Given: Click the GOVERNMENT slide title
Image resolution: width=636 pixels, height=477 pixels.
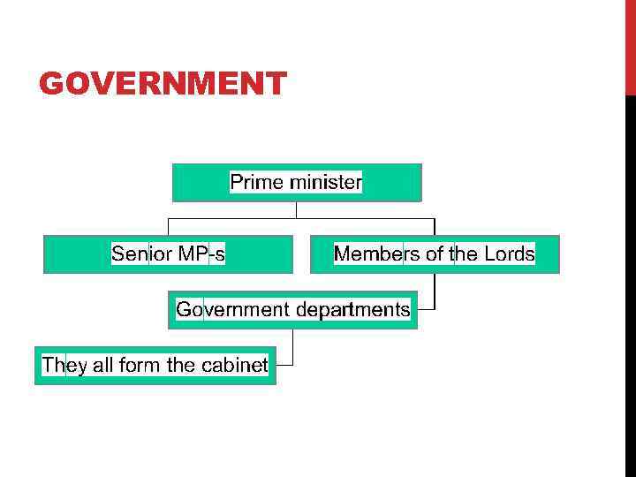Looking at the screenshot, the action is click(x=163, y=84).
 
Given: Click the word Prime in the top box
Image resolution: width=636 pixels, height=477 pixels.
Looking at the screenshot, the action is click(x=253, y=183).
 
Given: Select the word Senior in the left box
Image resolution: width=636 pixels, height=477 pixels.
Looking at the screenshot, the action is click(x=140, y=254).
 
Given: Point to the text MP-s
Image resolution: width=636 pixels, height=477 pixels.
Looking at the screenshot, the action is click(x=201, y=254).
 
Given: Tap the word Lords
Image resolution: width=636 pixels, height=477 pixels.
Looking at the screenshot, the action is click(x=510, y=254).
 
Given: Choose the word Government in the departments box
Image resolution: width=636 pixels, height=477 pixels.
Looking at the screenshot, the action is click(x=233, y=309).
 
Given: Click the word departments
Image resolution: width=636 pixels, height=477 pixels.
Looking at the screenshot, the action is click(x=353, y=309).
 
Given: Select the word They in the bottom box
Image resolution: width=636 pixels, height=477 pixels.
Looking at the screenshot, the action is click(x=64, y=365).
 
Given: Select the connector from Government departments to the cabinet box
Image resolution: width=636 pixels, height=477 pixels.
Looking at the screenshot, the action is click(x=291, y=348).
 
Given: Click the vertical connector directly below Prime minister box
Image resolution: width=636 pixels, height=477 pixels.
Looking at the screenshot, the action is click(x=297, y=210).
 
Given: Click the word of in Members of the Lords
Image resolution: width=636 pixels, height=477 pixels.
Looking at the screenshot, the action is click(x=435, y=254).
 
